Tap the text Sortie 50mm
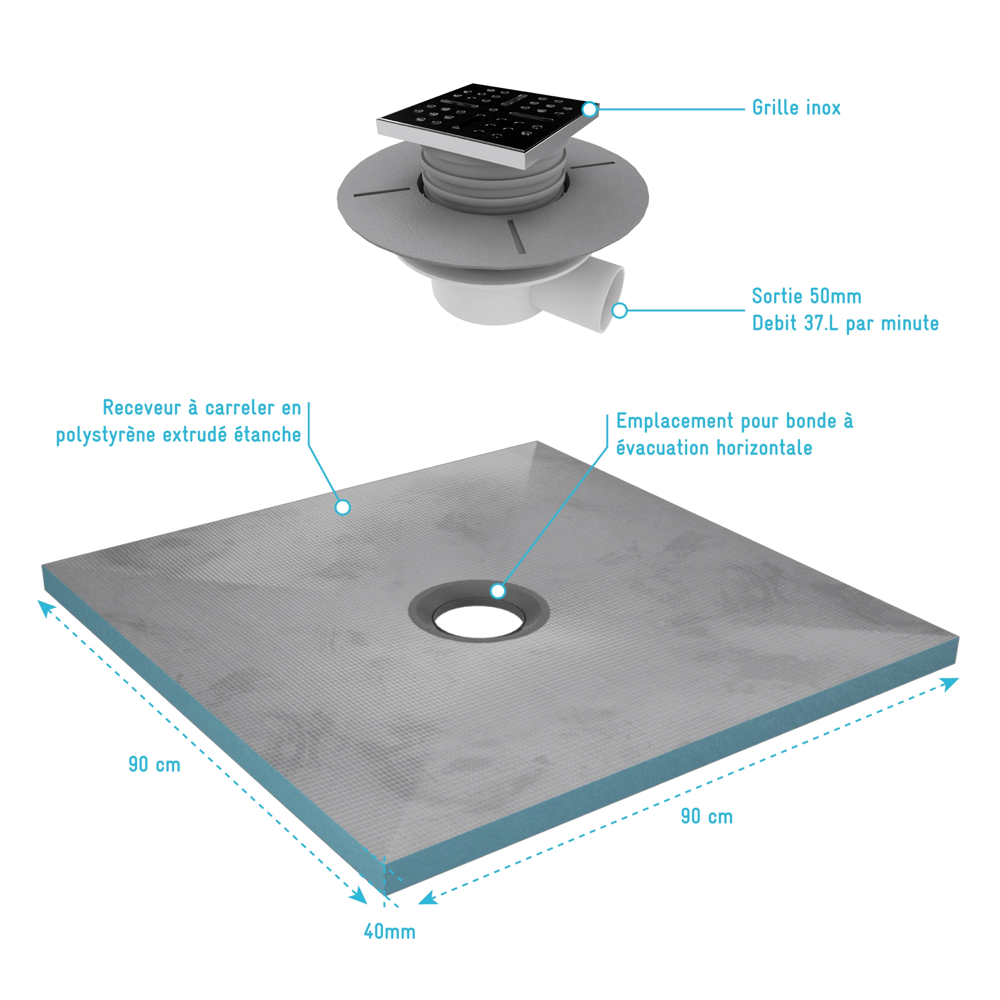tap(806, 296)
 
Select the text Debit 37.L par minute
tap(845, 323)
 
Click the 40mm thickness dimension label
tap(390, 932)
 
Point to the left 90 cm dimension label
tap(154, 764)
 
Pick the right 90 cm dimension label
tap(707, 816)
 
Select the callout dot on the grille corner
tap(590, 109)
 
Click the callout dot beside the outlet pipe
tap(620, 310)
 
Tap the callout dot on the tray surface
tap(342, 507)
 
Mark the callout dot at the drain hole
tap(498, 590)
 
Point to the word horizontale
tap(764, 448)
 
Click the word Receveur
tap(141, 408)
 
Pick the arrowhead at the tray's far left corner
tap(45, 607)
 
